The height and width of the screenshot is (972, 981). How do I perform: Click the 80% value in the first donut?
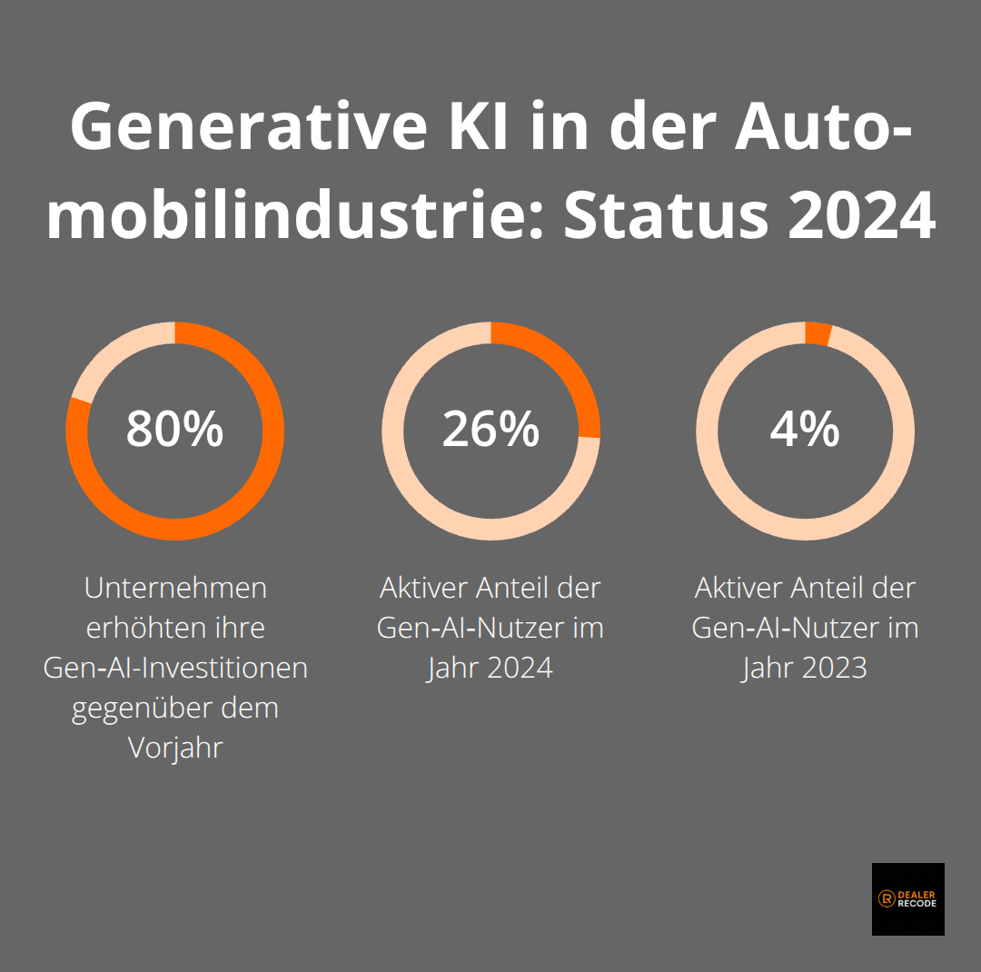point(174,430)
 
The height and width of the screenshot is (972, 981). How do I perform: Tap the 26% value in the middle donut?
point(490,430)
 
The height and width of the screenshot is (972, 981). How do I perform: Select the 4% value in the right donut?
point(805,430)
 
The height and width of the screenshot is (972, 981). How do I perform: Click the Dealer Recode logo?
point(907,898)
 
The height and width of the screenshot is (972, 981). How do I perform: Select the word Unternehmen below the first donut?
point(175,588)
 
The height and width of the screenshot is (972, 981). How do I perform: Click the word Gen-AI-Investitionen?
point(175,668)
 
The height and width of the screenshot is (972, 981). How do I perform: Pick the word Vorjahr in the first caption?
point(175,748)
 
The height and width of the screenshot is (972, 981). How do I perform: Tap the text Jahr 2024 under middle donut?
point(490,668)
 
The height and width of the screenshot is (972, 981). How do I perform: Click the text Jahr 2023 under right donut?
point(805,668)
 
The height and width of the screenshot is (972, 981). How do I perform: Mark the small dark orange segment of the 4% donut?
point(817,333)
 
